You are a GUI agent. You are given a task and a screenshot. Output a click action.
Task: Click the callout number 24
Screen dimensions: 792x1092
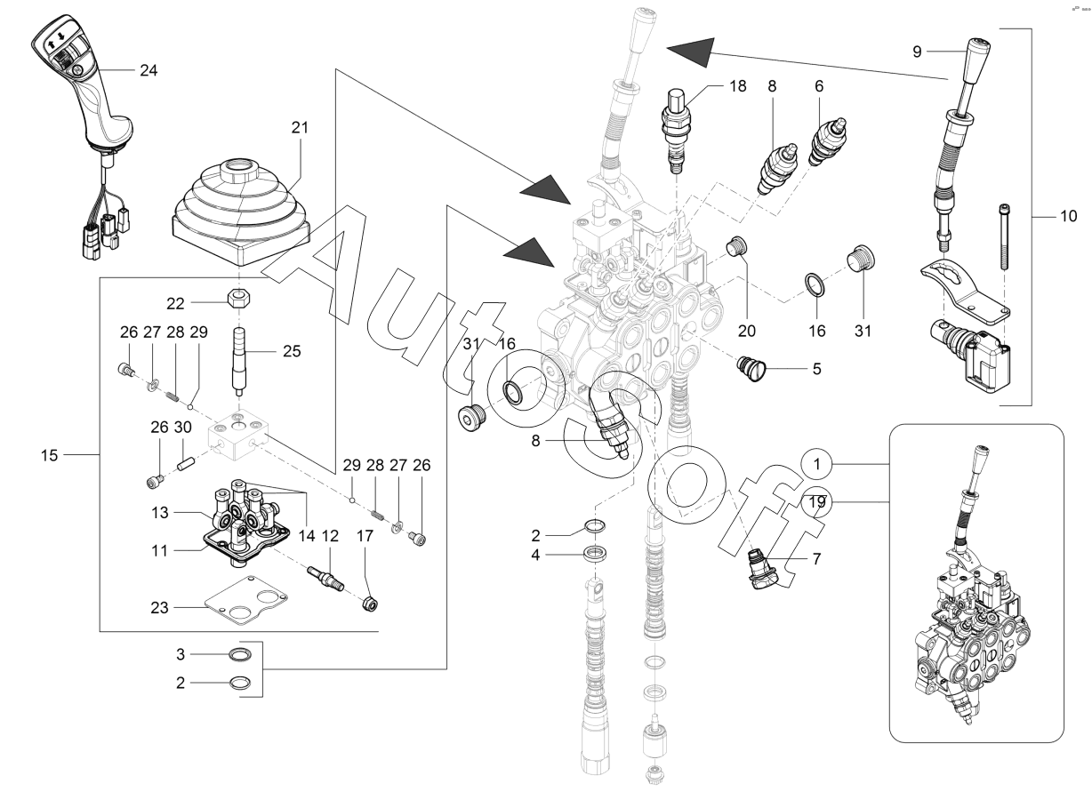[x=148, y=71]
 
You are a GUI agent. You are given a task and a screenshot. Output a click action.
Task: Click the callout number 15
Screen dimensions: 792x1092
[x=49, y=455]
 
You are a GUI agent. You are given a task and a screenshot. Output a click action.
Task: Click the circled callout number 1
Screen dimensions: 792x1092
[x=816, y=465]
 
